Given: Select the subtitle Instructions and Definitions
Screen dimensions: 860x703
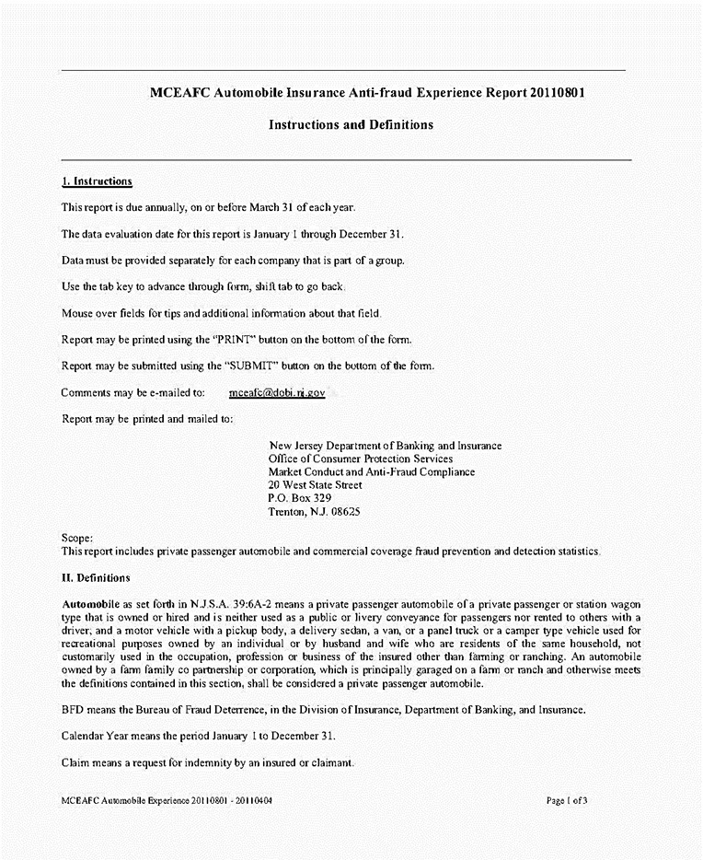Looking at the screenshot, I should click(x=351, y=124).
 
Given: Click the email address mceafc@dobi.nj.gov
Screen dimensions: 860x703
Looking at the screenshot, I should click(x=277, y=392).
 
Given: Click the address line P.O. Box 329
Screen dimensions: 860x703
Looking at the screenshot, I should click(x=294, y=497).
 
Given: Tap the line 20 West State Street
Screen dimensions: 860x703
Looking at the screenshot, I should click(x=315, y=484).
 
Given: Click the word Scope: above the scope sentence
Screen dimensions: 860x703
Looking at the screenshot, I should click(x=76, y=538).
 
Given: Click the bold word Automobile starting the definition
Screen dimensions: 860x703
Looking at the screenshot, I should click(x=90, y=601).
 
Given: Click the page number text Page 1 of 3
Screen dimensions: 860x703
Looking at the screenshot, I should click(x=566, y=800).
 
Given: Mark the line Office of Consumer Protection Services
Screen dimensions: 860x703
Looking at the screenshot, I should click(x=361, y=459).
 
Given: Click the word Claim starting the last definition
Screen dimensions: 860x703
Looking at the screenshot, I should click(x=75, y=763).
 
